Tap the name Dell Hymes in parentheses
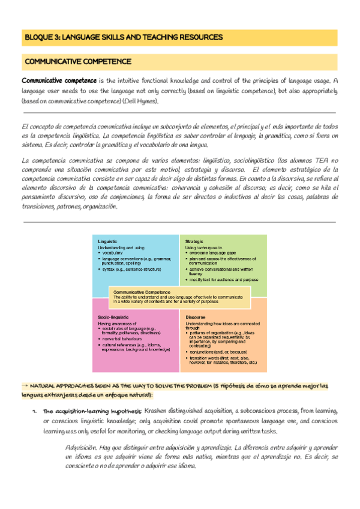[x=143, y=101]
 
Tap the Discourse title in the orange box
[x=196, y=316]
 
